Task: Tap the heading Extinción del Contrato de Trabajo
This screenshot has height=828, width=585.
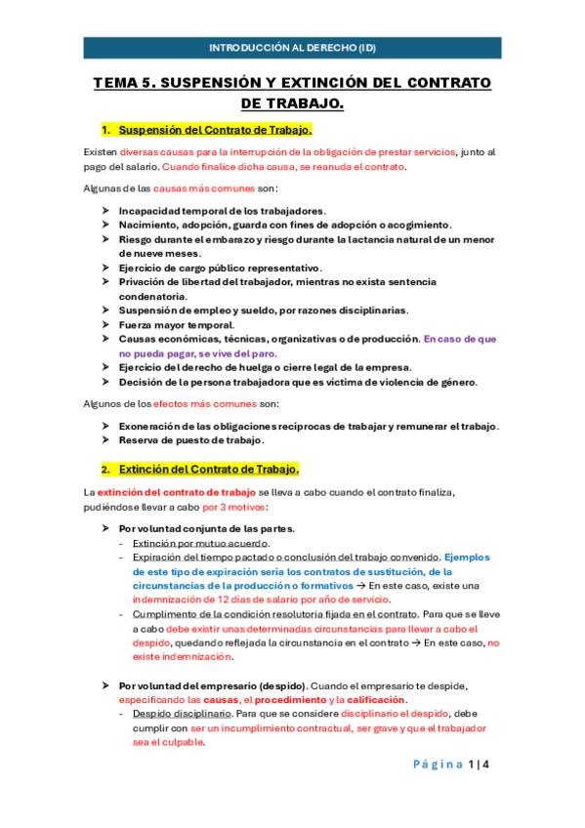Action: point(208,469)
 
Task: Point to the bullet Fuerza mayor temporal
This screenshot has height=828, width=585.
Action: point(176,324)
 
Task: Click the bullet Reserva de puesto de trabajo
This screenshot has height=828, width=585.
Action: point(187,439)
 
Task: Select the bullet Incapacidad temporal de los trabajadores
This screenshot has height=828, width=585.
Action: point(222,210)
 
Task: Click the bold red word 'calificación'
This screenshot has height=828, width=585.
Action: point(377,700)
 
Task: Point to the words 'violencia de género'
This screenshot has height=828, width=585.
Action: point(439,382)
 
